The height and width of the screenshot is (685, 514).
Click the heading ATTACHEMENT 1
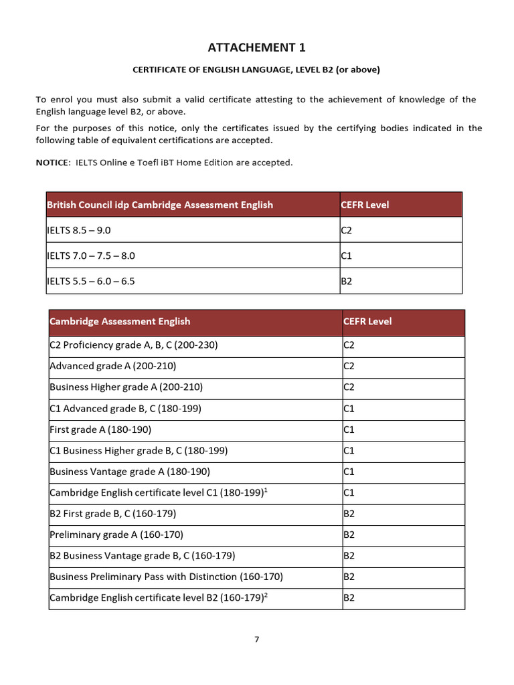pos(256,47)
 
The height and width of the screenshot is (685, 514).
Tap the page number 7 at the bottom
pos(256,639)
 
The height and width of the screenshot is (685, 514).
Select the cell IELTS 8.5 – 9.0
pos(78,230)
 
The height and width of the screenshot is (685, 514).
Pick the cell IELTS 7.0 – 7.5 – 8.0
pos(91,256)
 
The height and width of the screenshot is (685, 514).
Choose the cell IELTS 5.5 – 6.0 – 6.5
pos(90,281)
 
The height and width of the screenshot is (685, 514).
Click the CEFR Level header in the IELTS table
pos(365,205)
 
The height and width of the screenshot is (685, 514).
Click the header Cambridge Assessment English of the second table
pos(120,321)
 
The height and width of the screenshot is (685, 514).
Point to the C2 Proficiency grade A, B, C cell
pos(134,345)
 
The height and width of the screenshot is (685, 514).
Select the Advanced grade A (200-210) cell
pos(113,366)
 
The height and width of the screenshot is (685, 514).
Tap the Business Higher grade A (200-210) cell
pos(126,387)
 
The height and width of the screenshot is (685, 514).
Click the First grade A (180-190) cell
pos(100,429)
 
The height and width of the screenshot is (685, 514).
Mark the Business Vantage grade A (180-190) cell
pos(130,471)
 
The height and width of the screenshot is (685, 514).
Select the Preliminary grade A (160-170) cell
pos(116,534)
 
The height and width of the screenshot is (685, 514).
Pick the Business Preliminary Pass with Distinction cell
pos(166,576)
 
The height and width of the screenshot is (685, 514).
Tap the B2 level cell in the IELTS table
pos(347,282)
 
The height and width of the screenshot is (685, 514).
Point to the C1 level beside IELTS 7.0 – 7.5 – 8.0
pos(347,256)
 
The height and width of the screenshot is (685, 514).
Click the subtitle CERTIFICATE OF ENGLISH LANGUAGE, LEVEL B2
pos(256,70)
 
